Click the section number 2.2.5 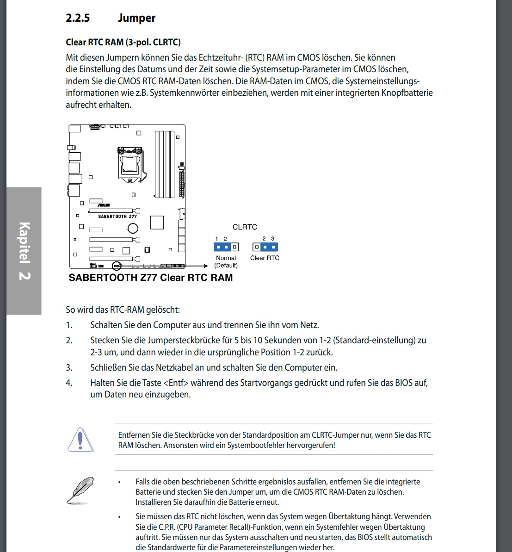coord(78,18)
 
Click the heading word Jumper coord(136,18)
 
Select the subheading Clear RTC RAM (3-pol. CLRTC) coord(123,42)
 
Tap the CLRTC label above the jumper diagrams coord(245,227)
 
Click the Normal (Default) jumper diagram coord(226,247)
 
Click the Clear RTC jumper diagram coord(265,247)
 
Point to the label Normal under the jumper coord(226,258)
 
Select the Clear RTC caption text coord(265,258)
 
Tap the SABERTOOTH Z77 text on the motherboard coord(117,217)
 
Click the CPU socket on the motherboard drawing coord(130,164)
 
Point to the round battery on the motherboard coord(133,228)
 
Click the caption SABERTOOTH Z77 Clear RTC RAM coord(151,278)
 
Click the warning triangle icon coord(80,440)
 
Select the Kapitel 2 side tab coord(24,251)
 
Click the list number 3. coord(69,368)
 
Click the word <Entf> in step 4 coord(176,383)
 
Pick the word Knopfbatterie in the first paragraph coord(407,93)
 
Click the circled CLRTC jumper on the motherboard coord(117,266)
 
